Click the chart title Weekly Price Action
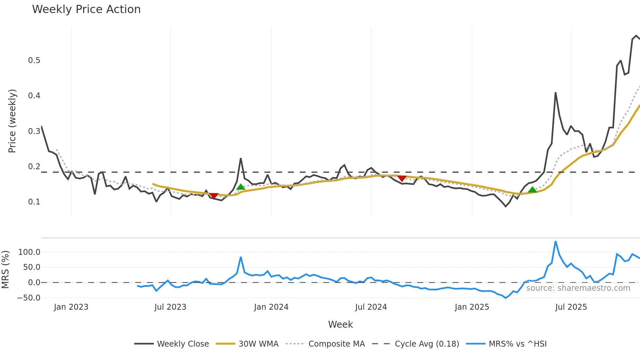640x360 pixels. [x=86, y=9]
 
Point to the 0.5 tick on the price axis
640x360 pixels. [x=34, y=60]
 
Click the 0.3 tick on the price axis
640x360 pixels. [x=34, y=131]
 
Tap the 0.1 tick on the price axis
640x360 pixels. [x=34, y=202]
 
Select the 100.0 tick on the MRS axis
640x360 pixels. [x=29, y=252]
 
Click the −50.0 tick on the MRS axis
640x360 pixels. [x=29, y=298]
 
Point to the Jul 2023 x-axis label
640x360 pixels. [x=170, y=307]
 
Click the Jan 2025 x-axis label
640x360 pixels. [x=472, y=307]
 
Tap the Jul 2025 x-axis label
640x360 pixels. [x=571, y=307]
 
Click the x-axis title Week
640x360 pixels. [x=340, y=324]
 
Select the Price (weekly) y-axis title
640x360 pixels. [x=12, y=121]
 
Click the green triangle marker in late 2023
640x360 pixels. [x=241, y=187]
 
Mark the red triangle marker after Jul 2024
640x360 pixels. [x=402, y=178]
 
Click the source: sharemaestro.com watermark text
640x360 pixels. [x=578, y=288]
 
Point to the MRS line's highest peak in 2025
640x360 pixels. [x=555, y=242]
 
